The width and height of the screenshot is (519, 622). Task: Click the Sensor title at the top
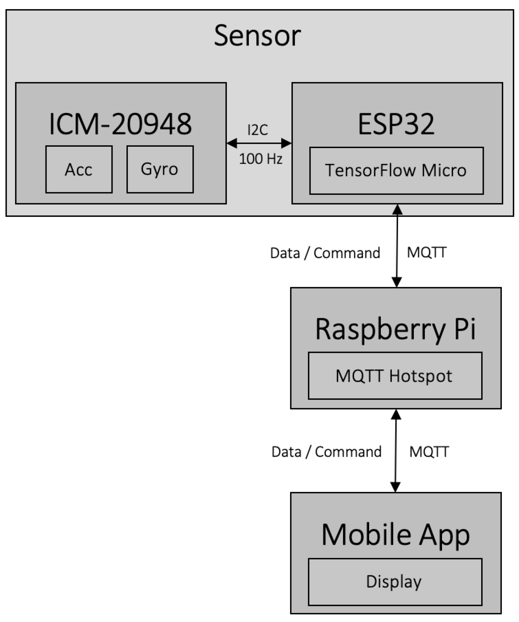[x=257, y=36]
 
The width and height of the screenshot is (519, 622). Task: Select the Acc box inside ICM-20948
[x=79, y=169]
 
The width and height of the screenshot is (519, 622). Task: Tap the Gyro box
[x=160, y=169]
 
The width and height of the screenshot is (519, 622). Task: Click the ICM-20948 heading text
[x=120, y=124]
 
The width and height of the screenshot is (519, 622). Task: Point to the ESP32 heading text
[x=396, y=124]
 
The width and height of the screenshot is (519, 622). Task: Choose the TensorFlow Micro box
[x=396, y=171]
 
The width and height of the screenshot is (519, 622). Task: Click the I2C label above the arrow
[x=258, y=130]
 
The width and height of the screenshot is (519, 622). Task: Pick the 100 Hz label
[x=261, y=159]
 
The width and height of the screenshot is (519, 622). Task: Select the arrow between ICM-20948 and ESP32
[x=259, y=143]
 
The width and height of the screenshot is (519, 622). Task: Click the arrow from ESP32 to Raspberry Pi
[x=397, y=246]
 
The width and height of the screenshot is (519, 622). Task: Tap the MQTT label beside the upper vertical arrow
[x=427, y=252]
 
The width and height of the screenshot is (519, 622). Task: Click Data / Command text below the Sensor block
[x=325, y=253]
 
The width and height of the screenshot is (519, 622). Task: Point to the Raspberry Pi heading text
[x=395, y=329]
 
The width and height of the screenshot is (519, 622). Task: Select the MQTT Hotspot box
[x=395, y=376]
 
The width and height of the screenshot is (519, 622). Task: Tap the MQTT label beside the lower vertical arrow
[x=429, y=452]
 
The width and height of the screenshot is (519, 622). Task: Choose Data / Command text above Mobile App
[x=326, y=452]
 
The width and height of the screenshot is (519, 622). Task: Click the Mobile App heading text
[x=395, y=534]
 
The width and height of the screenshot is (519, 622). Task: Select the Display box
[x=395, y=582]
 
